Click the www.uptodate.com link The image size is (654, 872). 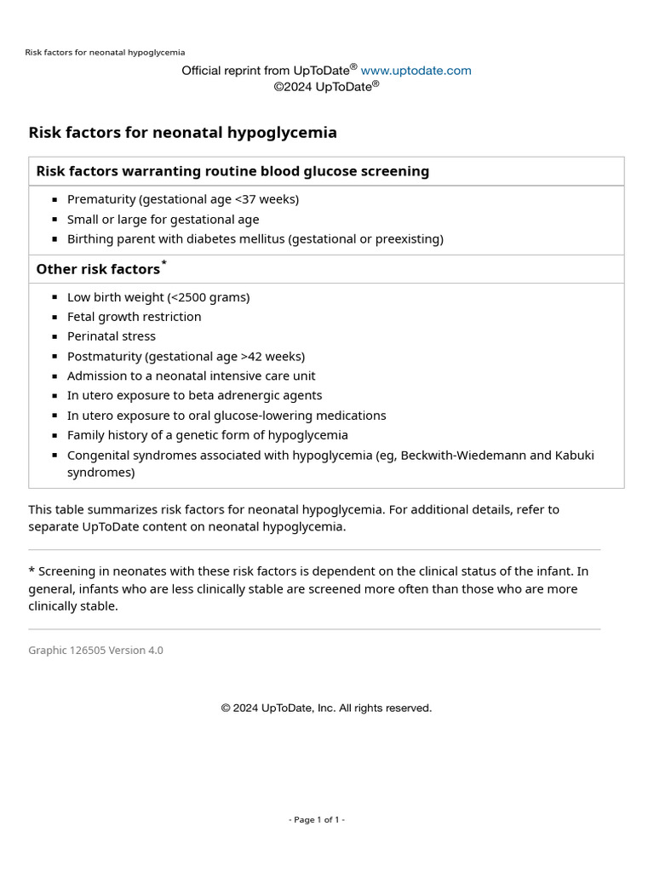(x=416, y=71)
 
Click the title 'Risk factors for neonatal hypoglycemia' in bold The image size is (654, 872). (x=182, y=133)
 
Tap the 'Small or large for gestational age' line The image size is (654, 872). (x=163, y=219)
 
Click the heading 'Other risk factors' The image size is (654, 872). (x=97, y=269)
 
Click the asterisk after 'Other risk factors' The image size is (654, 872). (x=164, y=263)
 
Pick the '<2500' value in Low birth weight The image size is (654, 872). (x=199, y=297)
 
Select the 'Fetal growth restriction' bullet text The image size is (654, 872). (x=134, y=317)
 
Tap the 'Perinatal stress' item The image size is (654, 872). (x=111, y=336)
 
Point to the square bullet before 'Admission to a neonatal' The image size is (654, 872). (x=54, y=376)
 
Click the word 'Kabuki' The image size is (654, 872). (x=575, y=455)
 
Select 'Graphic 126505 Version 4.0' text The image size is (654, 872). (x=95, y=651)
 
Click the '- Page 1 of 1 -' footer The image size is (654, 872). (x=317, y=820)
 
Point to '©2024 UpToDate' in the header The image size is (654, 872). (x=324, y=86)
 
